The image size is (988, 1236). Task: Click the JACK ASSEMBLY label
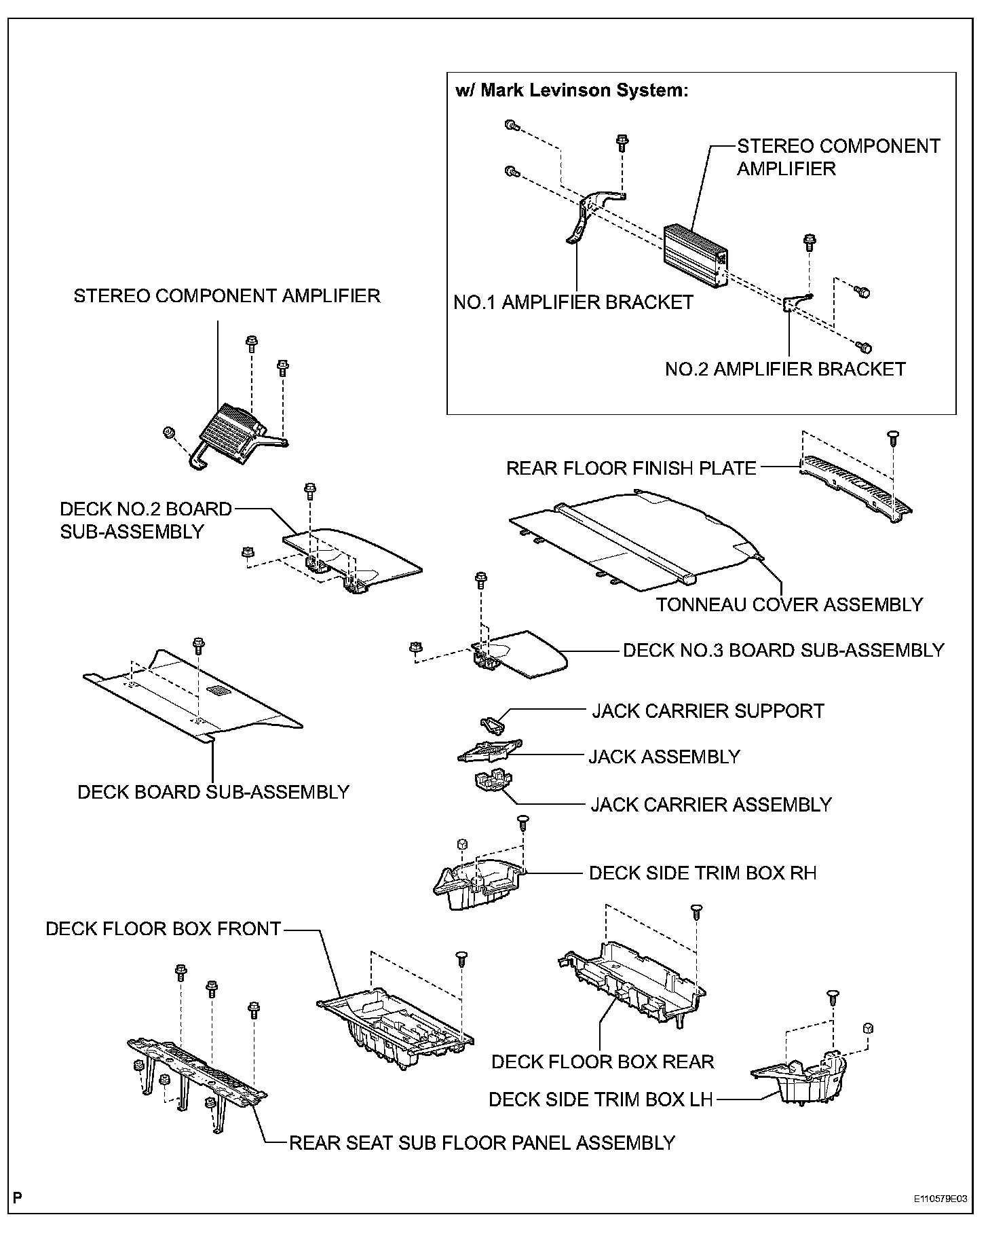[x=664, y=757]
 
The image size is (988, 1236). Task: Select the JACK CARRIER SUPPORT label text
[x=708, y=711]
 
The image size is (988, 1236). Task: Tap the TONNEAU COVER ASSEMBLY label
[x=789, y=604]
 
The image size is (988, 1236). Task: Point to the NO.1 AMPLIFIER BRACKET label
[x=573, y=302]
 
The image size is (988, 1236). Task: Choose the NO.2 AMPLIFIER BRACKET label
[x=785, y=369]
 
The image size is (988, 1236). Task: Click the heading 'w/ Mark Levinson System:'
[x=572, y=90]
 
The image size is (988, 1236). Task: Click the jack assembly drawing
[x=490, y=750]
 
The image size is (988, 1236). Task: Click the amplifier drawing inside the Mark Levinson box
[x=694, y=254]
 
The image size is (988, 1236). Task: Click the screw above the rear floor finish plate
[x=894, y=437]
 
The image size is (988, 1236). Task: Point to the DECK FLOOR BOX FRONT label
[x=163, y=929]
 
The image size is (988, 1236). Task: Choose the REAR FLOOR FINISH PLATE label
[x=631, y=468]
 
